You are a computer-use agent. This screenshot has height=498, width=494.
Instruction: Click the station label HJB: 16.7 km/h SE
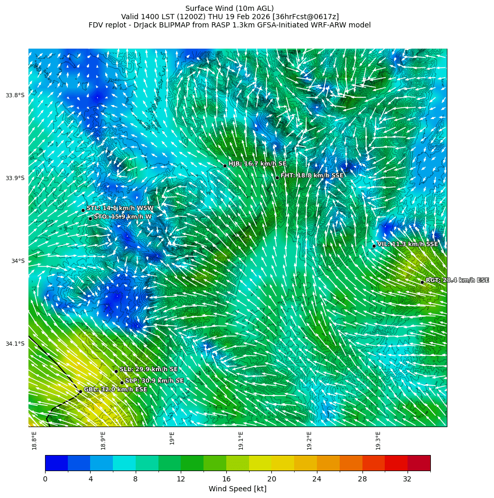coord(257,164)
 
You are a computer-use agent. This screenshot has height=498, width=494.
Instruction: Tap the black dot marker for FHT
coord(277,178)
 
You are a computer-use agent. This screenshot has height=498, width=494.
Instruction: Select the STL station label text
coord(120,208)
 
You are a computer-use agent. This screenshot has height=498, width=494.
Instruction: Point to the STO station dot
coord(90,218)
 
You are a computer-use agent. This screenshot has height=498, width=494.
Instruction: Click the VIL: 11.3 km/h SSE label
coord(408,244)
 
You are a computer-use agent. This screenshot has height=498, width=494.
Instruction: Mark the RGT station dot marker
coord(422,282)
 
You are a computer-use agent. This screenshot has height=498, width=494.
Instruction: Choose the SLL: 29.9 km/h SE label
coord(149,369)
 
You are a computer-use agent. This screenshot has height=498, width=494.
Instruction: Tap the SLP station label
coord(154,380)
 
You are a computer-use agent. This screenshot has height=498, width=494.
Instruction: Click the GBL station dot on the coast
coord(80,391)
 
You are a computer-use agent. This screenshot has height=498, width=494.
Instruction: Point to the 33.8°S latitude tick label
coord(15,95)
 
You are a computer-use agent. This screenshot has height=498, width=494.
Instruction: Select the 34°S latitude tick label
coord(18,261)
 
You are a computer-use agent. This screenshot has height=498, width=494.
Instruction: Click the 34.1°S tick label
coord(15,344)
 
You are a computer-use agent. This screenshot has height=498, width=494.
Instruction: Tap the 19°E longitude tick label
coord(172,438)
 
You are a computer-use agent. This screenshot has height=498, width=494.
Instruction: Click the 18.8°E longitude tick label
coord(35,440)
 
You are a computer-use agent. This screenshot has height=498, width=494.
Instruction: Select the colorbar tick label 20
coord(271,479)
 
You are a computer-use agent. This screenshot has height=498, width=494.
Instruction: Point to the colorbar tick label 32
coord(407,479)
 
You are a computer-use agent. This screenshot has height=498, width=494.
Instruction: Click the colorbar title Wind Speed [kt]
coord(238,489)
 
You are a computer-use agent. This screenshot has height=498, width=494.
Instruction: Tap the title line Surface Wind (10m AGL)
coord(229,8)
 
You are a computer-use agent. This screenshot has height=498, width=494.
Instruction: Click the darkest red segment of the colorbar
coord(419,463)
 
